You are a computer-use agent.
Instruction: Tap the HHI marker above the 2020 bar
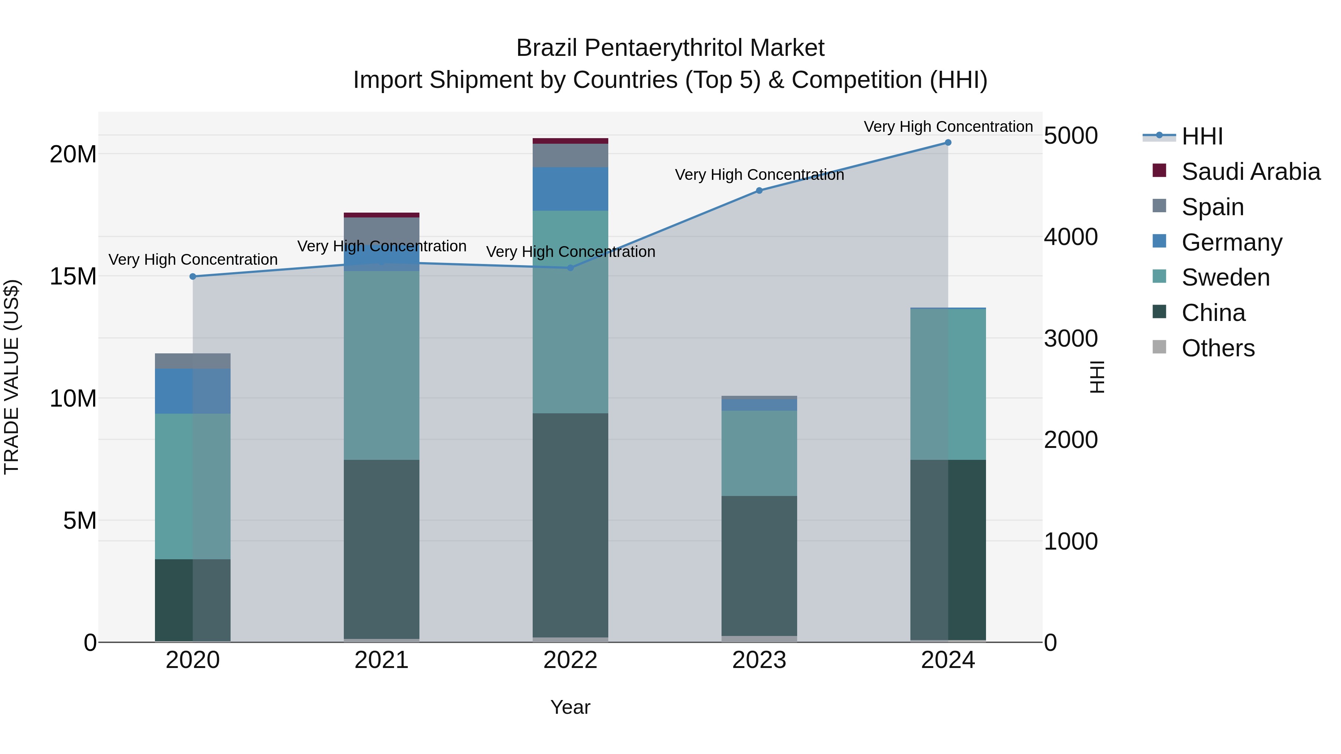[x=193, y=276]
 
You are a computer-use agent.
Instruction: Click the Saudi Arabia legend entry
[x=1250, y=171]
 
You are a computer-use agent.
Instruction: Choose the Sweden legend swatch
[x=1159, y=276]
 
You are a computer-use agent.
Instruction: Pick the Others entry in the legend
[x=1218, y=348]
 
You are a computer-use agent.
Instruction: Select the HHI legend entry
[x=1201, y=136]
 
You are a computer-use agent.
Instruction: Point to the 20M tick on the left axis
[x=73, y=154]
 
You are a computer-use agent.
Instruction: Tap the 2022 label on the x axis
[x=570, y=660]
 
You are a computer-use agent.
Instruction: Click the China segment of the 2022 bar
[x=570, y=525]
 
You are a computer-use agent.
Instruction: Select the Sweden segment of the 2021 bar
[x=381, y=364]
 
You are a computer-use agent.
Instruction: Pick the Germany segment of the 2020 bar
[x=193, y=391]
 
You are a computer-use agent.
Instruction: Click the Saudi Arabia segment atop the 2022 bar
[x=570, y=140]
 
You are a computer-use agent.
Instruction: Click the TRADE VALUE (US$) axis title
[x=12, y=377]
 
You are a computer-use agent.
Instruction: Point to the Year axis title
[x=570, y=707]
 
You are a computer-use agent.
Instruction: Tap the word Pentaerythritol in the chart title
[x=666, y=48]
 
